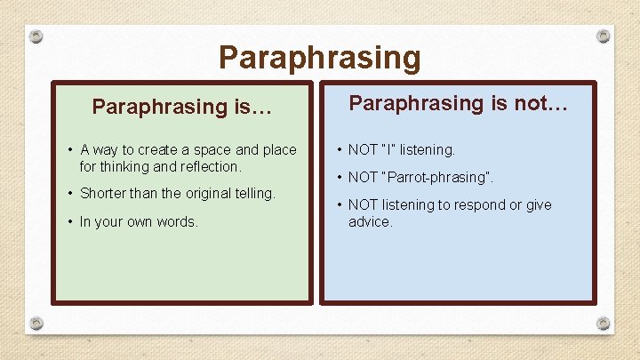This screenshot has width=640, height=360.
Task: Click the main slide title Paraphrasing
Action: tap(319, 58)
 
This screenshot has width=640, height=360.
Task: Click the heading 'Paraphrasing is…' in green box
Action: tap(182, 108)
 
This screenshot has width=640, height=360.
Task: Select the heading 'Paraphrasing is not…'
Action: tap(458, 103)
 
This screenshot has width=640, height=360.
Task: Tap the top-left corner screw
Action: tap(36, 36)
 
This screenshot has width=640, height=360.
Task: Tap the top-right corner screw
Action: tap(604, 36)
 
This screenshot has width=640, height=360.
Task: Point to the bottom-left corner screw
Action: tap(36, 323)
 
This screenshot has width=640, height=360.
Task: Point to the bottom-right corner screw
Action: tap(604, 323)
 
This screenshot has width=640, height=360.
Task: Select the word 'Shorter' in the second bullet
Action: tap(103, 193)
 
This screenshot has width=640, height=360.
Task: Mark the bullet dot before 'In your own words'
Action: tap(69, 221)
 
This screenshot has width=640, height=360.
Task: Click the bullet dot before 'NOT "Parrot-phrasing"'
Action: tap(338, 177)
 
